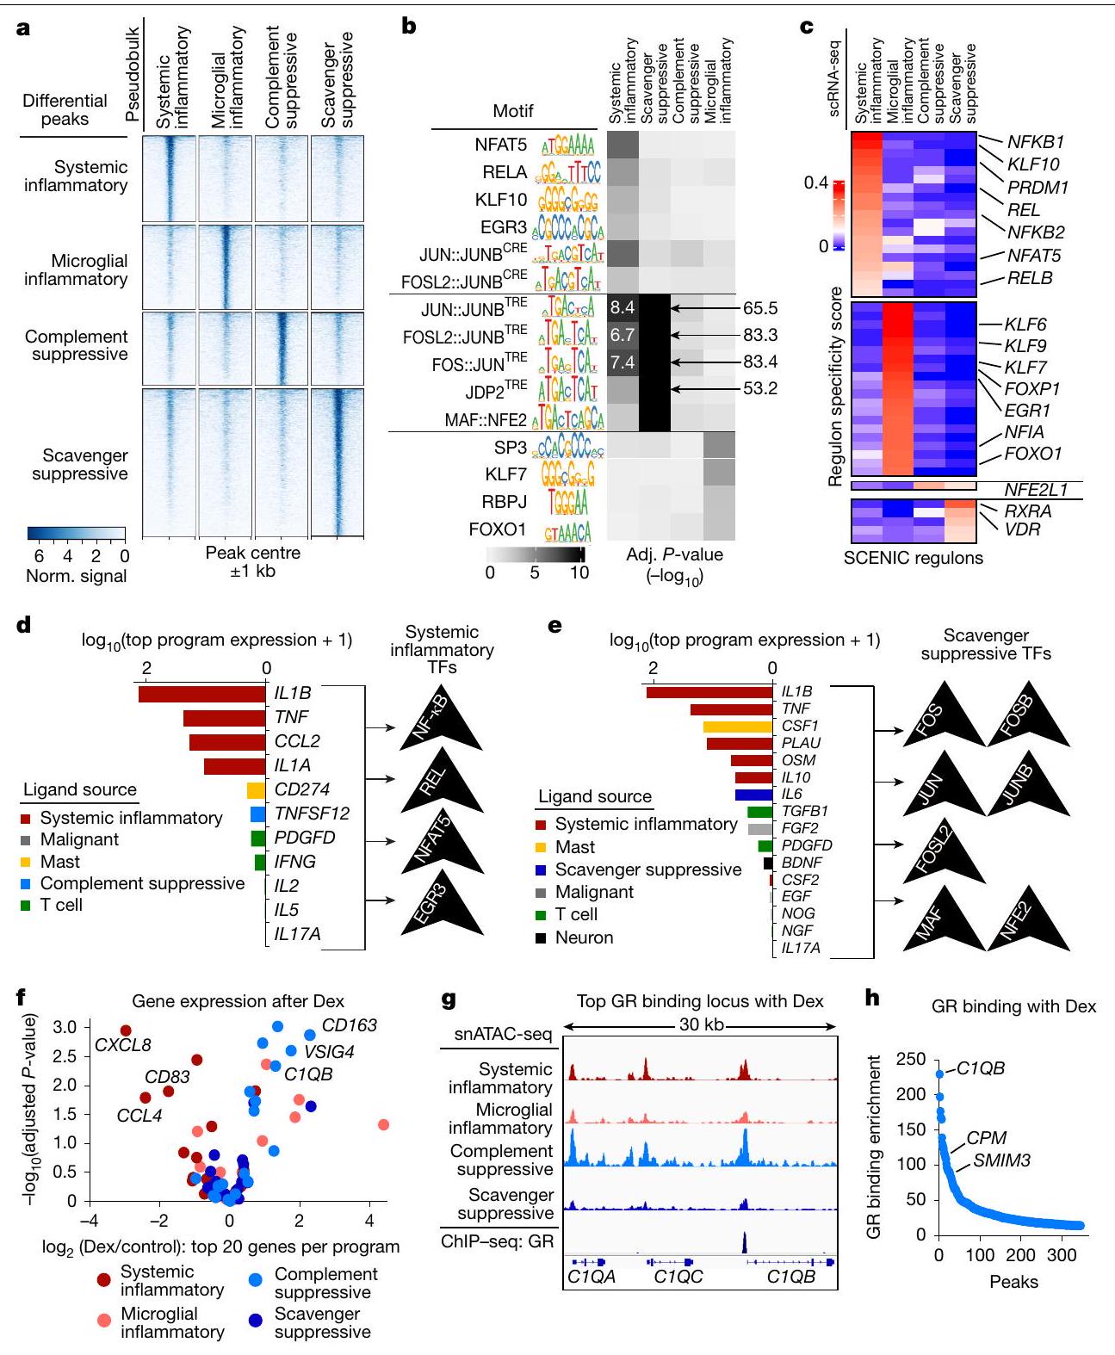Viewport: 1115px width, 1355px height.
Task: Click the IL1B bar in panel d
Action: [201, 694]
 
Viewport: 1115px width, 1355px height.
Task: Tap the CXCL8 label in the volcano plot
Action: [123, 1045]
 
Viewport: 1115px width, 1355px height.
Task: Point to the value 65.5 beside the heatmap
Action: [760, 308]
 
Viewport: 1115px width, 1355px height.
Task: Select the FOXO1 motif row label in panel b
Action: [497, 529]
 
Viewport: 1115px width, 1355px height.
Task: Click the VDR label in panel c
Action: [1023, 529]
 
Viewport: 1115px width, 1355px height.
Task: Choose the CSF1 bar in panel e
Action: [737, 727]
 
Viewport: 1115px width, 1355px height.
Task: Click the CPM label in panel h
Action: [986, 1138]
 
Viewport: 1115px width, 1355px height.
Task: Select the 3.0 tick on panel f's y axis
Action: [64, 1027]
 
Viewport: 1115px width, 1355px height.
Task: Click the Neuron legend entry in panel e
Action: [584, 937]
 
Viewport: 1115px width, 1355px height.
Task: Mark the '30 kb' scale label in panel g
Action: [698, 1025]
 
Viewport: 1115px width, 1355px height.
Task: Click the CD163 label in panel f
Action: [349, 1026]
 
